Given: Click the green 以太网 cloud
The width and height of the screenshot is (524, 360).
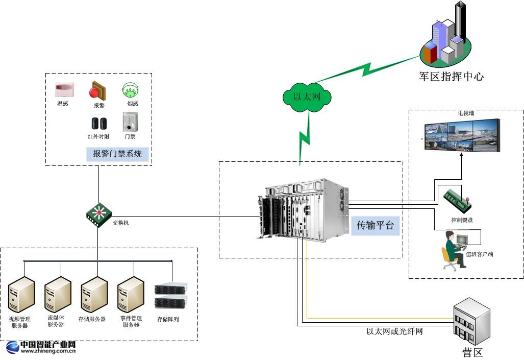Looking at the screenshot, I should click(306, 96).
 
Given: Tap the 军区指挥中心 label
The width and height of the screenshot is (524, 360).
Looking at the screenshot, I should click(451, 77).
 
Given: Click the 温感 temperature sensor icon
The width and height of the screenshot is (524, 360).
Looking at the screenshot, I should click(64, 90).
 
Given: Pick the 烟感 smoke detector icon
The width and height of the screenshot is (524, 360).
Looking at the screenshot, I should click(131, 90).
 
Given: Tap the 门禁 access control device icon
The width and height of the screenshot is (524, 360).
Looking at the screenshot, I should click(130, 123).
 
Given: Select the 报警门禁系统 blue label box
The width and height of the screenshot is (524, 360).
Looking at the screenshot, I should click(117, 153).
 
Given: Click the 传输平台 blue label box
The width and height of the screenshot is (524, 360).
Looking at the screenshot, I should click(375, 225).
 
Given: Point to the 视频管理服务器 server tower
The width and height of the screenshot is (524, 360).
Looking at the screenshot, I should click(21, 295).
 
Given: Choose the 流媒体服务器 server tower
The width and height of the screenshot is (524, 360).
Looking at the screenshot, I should click(57, 295).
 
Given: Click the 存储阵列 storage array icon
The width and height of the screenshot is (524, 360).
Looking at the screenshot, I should click(170, 297).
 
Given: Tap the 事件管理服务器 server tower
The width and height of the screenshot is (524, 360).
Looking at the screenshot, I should click(131, 295).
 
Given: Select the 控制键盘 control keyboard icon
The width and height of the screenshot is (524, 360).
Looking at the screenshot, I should click(457, 201).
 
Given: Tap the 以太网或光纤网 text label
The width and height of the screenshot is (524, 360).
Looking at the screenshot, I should click(394, 331).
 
